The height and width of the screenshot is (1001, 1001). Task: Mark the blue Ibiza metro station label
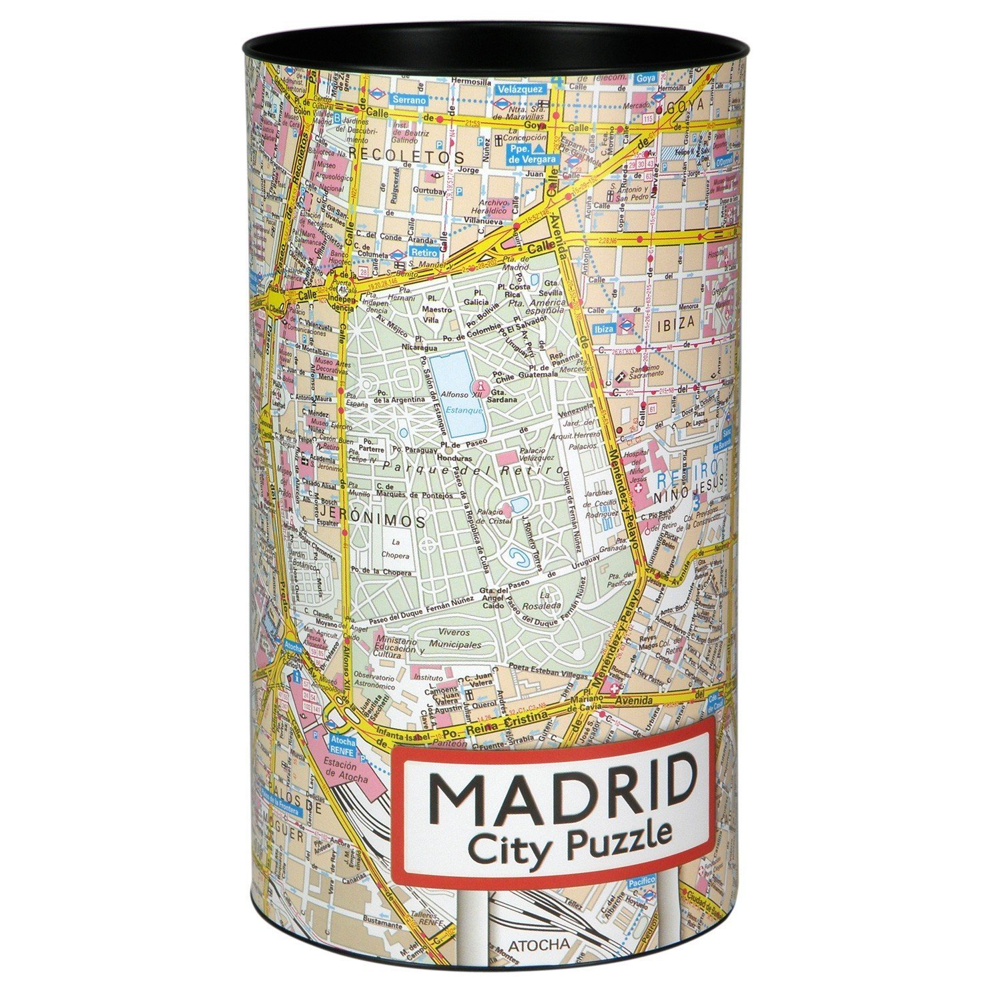603,329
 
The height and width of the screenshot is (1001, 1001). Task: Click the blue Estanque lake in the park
457,394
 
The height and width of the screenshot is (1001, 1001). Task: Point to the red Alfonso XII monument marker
479,386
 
